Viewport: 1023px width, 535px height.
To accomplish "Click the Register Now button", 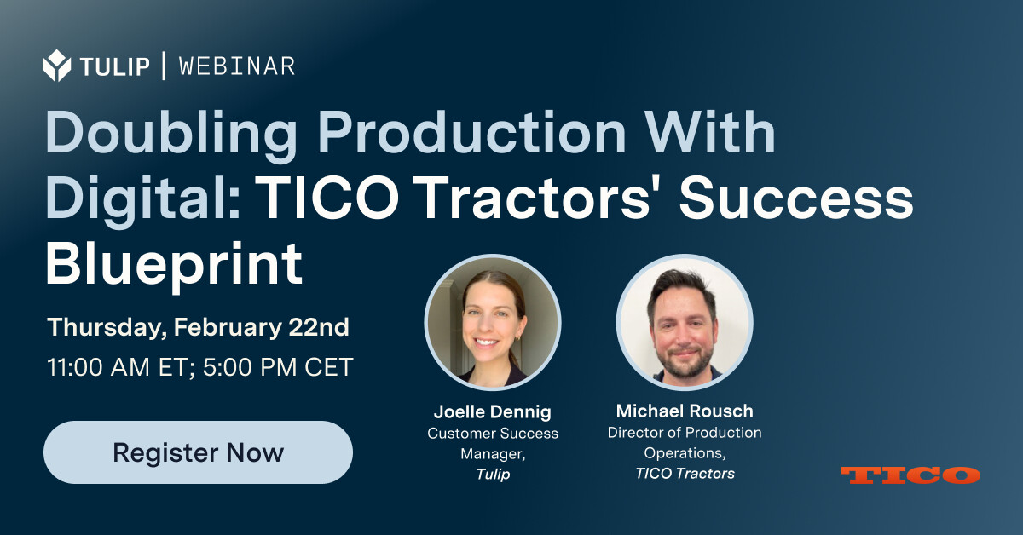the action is pyautogui.click(x=198, y=452).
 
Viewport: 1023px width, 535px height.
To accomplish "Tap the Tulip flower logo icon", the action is pyautogui.click(x=56, y=66).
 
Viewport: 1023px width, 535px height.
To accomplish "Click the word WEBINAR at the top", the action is pyautogui.click(x=237, y=66).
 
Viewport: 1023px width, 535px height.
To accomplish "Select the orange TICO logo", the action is pyautogui.click(x=910, y=475).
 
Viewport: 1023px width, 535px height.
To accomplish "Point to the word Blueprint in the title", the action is pyautogui.click(x=174, y=266).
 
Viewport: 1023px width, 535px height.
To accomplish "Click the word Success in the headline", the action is pyautogui.click(x=796, y=199).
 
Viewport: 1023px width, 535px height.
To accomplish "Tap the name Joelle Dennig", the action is pyautogui.click(x=493, y=411).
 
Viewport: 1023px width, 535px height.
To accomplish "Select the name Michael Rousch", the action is pyautogui.click(x=685, y=411).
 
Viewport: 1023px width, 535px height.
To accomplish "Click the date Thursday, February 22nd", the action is pyautogui.click(x=198, y=328).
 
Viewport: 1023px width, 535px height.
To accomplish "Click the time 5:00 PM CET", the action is pyautogui.click(x=278, y=367).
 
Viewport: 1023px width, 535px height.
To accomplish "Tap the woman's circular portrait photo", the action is pyautogui.click(x=493, y=322).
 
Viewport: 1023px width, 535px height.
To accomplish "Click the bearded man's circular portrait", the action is pyautogui.click(x=685, y=322).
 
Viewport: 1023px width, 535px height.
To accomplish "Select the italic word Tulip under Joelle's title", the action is pyautogui.click(x=493, y=475).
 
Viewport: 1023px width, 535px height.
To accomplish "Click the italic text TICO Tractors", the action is pyautogui.click(x=685, y=474).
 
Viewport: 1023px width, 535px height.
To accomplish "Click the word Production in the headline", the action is pyautogui.click(x=471, y=132).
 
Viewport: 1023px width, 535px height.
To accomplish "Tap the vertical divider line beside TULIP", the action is pyautogui.click(x=164, y=66).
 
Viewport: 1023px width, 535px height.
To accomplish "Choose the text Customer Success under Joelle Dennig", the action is pyautogui.click(x=493, y=434).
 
